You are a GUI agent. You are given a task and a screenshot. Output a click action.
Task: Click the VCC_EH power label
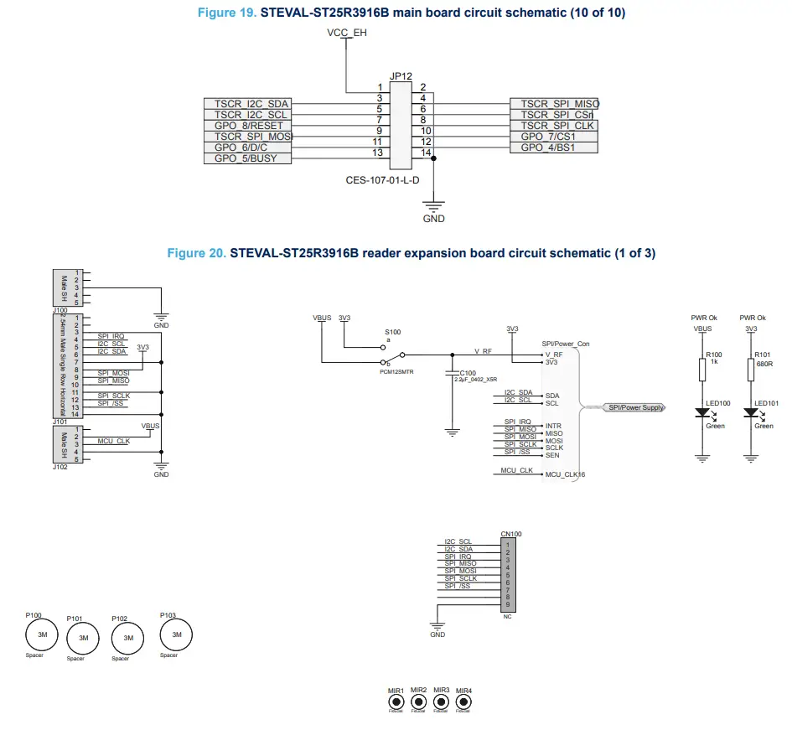[x=346, y=33]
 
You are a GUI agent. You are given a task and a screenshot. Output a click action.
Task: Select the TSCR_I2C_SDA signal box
[x=248, y=104]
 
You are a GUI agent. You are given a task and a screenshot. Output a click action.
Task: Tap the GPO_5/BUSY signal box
[x=248, y=158]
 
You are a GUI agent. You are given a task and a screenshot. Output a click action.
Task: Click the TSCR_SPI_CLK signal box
[x=554, y=126]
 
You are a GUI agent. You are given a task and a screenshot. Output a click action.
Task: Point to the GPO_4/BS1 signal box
[x=554, y=148]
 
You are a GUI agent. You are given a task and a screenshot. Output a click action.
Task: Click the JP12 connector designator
[x=401, y=76]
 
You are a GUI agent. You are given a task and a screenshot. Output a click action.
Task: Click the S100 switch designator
[x=392, y=333]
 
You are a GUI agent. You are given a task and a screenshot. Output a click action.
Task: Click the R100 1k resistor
[x=701, y=370]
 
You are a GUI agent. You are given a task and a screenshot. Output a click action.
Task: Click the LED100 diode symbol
[x=701, y=413]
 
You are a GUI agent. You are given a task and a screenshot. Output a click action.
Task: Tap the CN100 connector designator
[x=510, y=534]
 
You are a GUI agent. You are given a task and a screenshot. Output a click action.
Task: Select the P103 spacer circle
[x=176, y=634]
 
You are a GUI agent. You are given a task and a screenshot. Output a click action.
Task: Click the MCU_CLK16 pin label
[x=565, y=474]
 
